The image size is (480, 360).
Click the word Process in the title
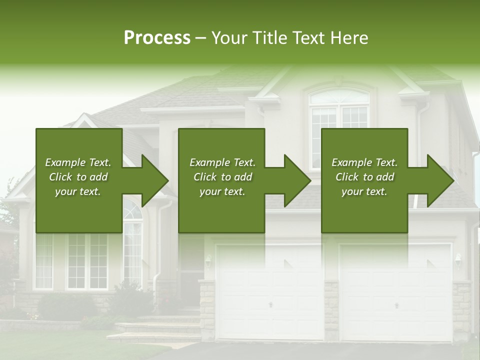click(157, 38)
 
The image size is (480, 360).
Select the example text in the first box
click(78, 177)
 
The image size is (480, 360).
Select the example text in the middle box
click(222, 177)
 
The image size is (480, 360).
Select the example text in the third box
click(364, 177)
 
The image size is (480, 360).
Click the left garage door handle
click(270, 304)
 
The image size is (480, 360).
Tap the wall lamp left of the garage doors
click(208, 260)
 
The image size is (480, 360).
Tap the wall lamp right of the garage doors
click(457, 259)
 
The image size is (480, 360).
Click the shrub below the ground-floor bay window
click(65, 306)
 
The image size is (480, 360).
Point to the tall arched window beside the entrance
click(132, 245)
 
